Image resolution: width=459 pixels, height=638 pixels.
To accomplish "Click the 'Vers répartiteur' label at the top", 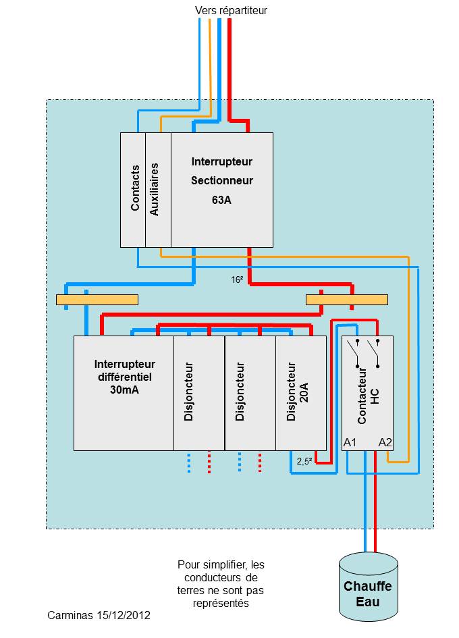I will tap(231, 10).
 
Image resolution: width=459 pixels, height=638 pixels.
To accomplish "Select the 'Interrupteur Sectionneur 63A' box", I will tap(221, 190).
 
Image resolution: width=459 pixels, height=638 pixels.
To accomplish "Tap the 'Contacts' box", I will tap(133, 190).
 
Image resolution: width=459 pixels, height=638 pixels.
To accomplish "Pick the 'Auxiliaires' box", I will tap(158, 190).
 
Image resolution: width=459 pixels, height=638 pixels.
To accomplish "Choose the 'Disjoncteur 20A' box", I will tap(300, 392).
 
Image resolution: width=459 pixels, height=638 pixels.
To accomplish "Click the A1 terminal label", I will tap(350, 442).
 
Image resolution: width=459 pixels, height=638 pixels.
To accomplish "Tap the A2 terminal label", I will tap(385, 442).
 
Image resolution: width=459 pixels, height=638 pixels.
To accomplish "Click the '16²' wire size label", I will tap(237, 278).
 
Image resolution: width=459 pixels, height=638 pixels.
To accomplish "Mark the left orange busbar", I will tap(97, 299).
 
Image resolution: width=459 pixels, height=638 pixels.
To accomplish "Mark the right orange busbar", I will tap(347, 299).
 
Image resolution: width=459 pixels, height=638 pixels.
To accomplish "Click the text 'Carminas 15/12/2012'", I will tap(99, 616).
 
